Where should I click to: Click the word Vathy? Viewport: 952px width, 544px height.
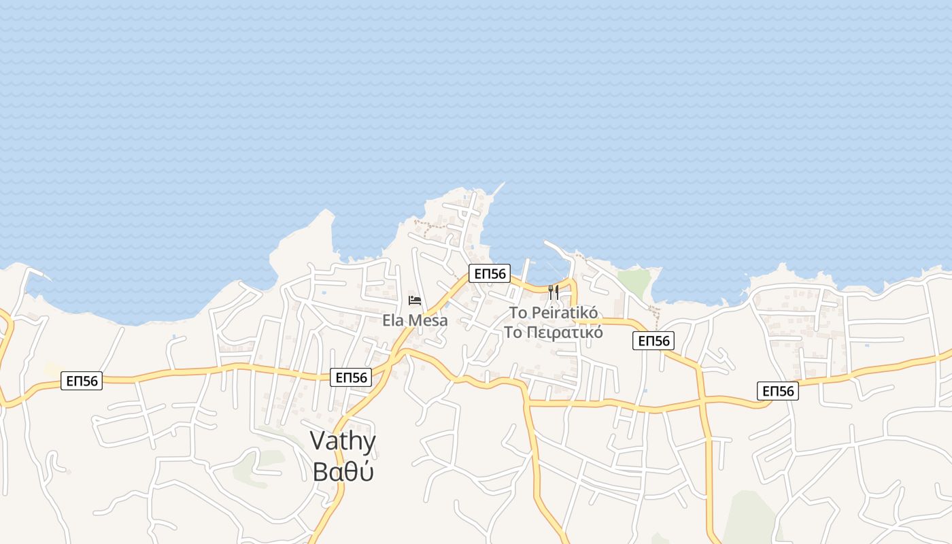coord(343,441)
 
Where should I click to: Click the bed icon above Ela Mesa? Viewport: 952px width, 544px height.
coord(415,300)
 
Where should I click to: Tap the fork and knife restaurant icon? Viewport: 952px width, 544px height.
coord(554,292)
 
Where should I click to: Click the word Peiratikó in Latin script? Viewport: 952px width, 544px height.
coord(564,313)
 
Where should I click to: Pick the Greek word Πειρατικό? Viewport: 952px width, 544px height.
coord(564,333)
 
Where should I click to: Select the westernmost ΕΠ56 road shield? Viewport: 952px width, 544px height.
coord(82,381)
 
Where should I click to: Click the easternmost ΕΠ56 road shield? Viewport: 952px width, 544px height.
coord(778,391)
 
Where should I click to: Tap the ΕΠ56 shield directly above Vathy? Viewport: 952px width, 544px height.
coord(351,377)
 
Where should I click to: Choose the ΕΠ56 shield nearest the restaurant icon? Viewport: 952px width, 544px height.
coord(490,274)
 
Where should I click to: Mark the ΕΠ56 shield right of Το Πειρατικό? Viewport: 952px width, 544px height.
coord(653,341)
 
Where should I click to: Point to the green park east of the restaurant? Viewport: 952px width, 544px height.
coord(635,282)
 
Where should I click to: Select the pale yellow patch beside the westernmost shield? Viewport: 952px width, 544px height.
coord(53,369)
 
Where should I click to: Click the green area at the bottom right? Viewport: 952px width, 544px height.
coord(748,517)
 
